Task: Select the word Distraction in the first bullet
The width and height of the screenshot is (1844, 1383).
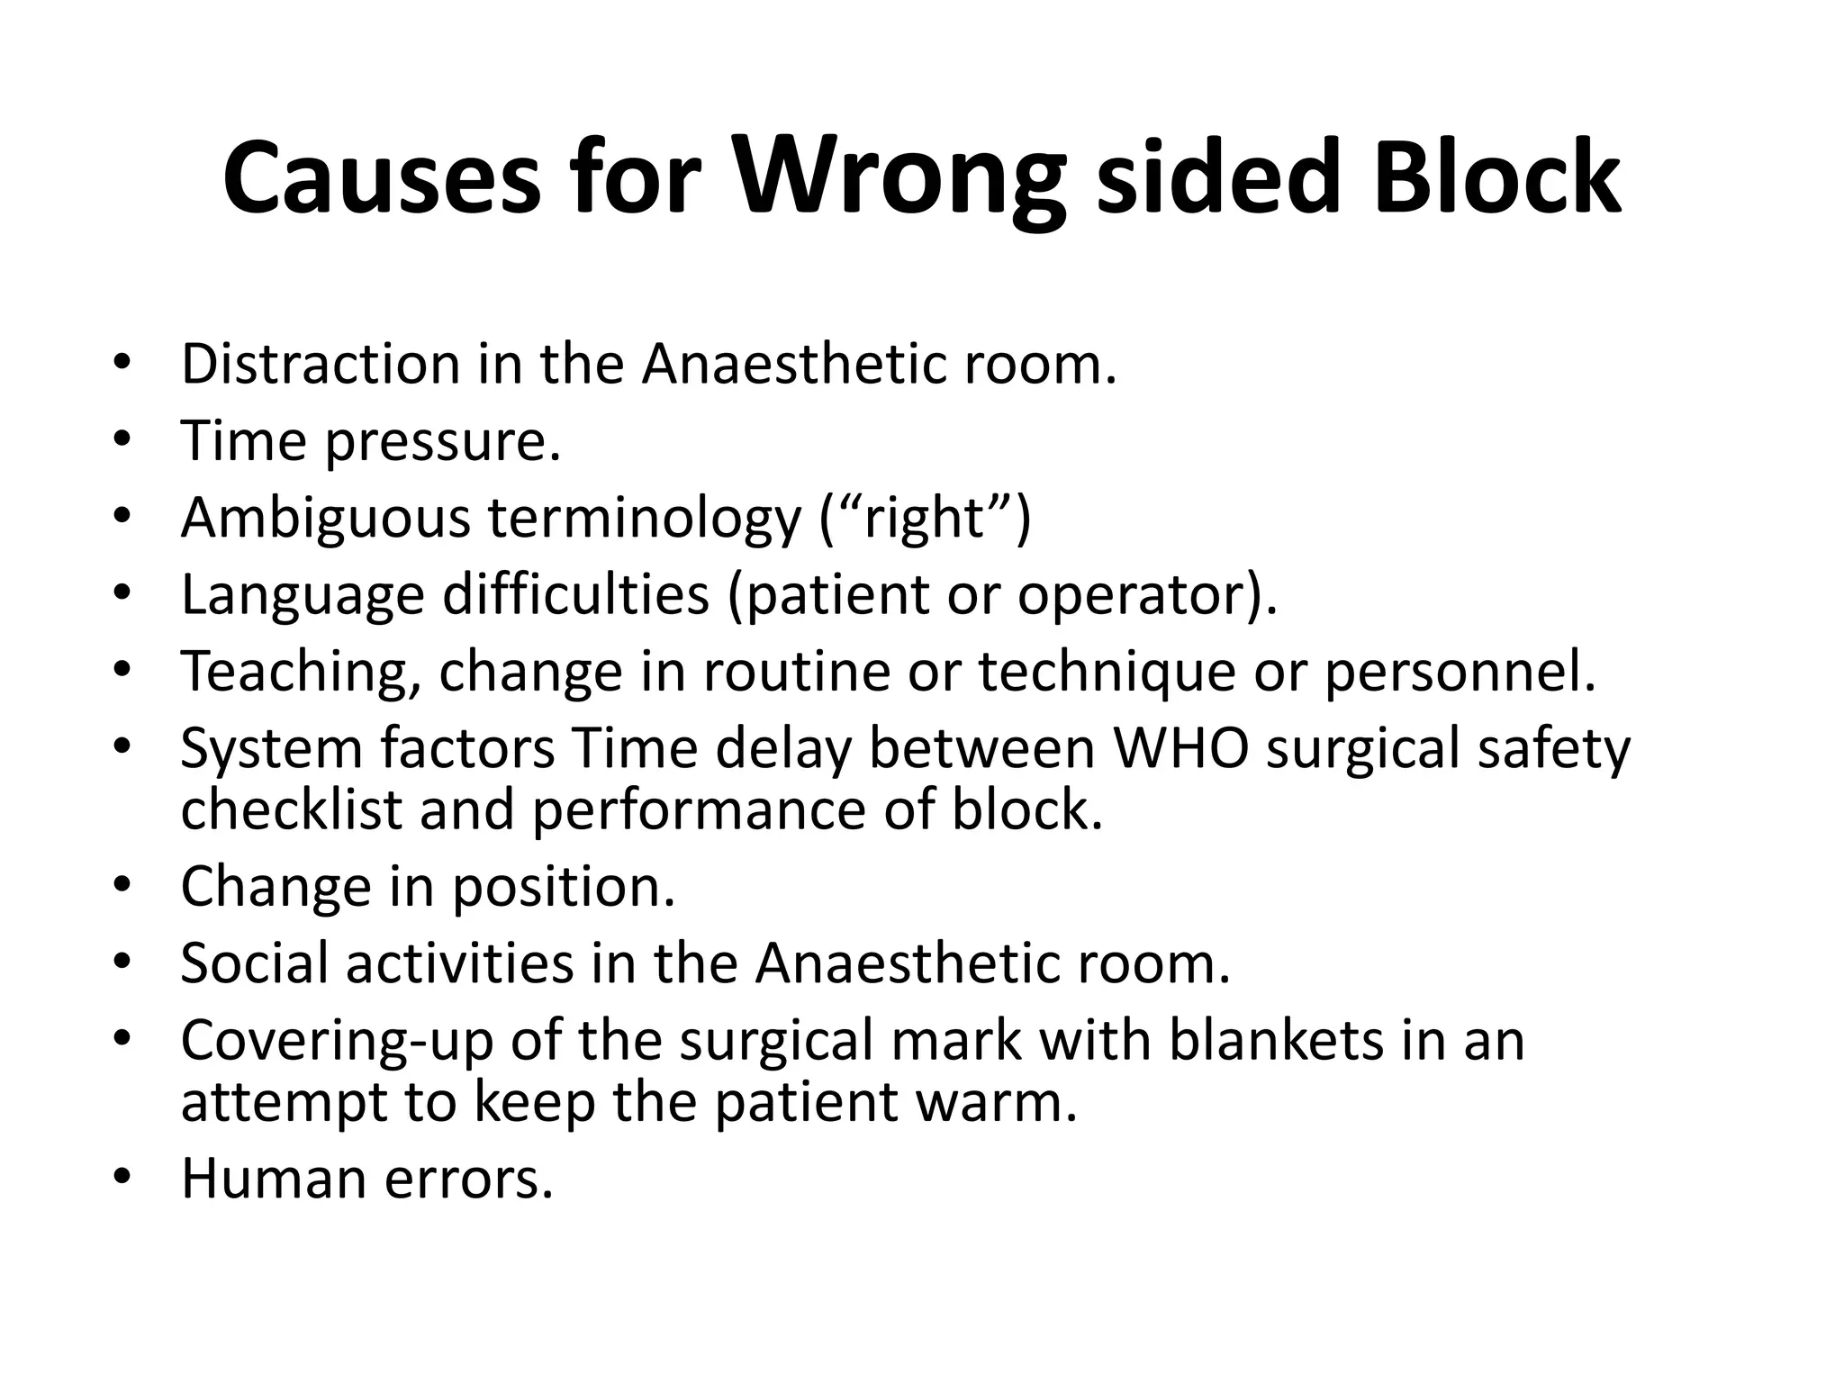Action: click(x=321, y=364)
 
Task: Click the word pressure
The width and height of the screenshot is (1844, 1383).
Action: click(x=443, y=443)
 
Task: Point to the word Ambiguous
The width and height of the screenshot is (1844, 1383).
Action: click(x=325, y=520)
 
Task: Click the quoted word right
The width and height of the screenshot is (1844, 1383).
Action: click(x=925, y=520)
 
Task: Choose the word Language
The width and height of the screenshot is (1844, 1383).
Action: click(x=303, y=596)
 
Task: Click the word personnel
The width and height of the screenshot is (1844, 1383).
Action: click(x=1460, y=673)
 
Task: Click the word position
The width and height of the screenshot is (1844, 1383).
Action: click(x=563, y=887)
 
